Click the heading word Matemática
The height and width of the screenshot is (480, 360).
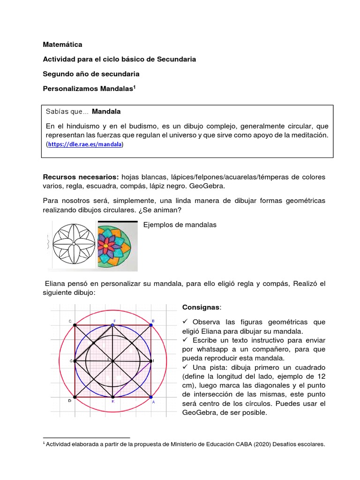click(x=62, y=45)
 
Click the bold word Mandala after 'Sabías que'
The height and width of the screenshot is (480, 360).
click(x=106, y=112)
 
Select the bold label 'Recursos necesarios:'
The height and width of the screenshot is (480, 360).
click(x=81, y=177)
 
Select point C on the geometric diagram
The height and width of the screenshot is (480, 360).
click(x=75, y=325)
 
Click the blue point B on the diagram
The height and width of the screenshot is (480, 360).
click(x=151, y=324)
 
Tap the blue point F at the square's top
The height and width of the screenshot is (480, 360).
click(x=113, y=324)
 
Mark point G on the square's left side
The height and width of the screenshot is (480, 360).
click(x=75, y=361)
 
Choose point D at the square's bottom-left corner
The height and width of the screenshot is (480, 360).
click(x=75, y=397)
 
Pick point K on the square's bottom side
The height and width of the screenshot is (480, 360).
click(x=113, y=397)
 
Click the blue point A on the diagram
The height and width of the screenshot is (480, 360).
click(x=151, y=397)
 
